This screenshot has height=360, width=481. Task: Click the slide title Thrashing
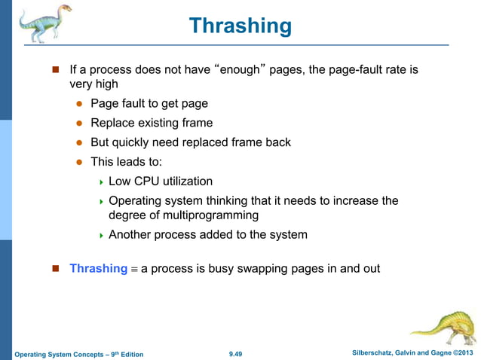point(240,26)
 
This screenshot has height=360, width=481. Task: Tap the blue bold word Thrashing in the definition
point(98,268)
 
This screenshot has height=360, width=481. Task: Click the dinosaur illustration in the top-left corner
point(41,23)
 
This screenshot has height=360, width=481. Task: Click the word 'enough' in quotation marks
point(238,70)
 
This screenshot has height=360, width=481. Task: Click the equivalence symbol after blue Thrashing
point(134,269)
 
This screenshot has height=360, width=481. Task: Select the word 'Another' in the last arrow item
point(130,235)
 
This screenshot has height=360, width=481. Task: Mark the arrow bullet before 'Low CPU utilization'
point(100,182)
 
